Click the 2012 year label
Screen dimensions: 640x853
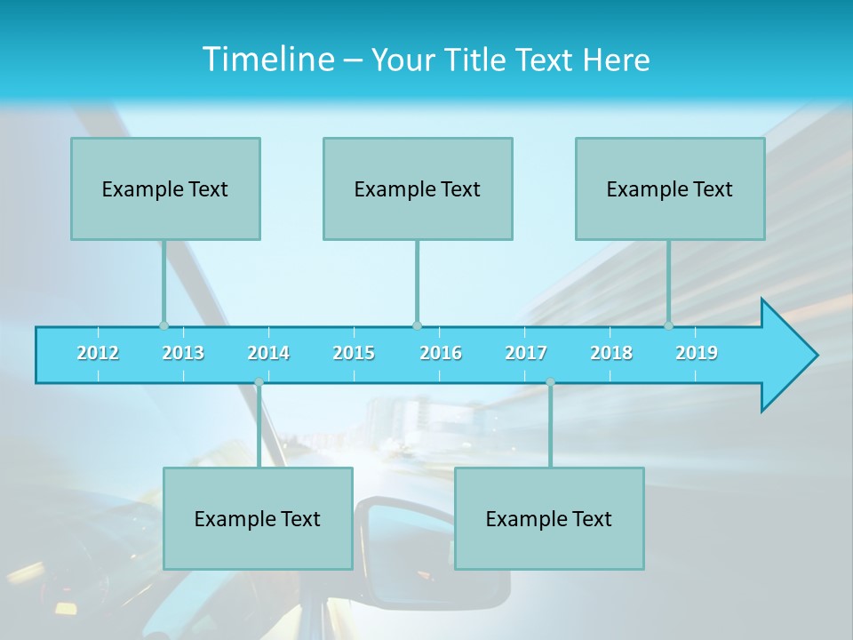[x=98, y=353]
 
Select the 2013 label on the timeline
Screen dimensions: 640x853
[x=183, y=353]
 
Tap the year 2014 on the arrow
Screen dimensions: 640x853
[x=268, y=353]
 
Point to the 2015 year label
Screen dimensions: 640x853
[x=354, y=353]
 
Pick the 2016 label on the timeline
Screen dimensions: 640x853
[x=441, y=353]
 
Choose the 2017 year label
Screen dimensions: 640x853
[x=526, y=353]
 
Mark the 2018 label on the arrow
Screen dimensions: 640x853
[x=611, y=353]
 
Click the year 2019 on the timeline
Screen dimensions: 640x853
[x=697, y=353]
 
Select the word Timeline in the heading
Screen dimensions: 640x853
[x=267, y=60]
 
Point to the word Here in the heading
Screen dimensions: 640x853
[x=617, y=60]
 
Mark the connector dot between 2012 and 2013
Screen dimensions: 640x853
[x=163, y=325]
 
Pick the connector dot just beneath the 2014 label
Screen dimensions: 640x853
[x=259, y=382]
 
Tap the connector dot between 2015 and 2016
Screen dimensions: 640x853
[x=417, y=325]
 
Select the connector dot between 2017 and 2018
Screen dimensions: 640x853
[x=550, y=382]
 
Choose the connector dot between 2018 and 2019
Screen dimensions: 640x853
[x=669, y=325]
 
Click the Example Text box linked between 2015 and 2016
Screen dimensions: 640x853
[x=418, y=188]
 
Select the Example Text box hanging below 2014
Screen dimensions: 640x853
[x=258, y=518]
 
